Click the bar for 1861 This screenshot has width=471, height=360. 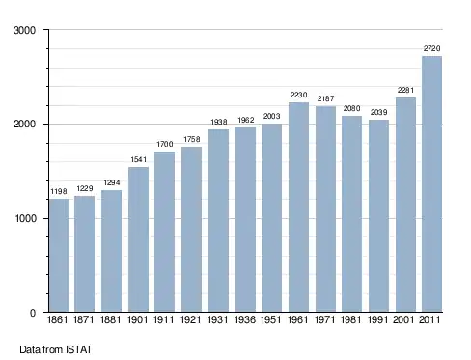click(59, 256)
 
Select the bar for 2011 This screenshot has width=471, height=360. click(431, 184)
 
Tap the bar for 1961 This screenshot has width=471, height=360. click(298, 208)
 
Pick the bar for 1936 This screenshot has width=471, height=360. click(245, 220)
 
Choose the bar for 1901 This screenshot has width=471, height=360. click(138, 239)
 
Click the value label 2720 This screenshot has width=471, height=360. click(431, 48)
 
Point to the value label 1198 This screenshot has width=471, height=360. click(59, 191)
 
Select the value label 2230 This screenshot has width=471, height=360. click(298, 95)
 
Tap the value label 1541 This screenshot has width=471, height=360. click(138, 159)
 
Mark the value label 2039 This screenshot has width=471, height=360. click(378, 112)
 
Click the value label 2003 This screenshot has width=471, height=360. click(271, 116)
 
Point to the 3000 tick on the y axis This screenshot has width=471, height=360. click(24, 30)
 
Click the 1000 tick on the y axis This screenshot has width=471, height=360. click(25, 218)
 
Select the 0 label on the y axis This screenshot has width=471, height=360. click(33, 313)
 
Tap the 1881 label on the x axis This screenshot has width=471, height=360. click(111, 319)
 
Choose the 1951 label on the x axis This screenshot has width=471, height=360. click(271, 319)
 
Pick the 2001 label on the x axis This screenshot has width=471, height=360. click(403, 319)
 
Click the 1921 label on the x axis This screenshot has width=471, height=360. click(191, 319)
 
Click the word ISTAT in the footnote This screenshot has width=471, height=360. click(79, 349)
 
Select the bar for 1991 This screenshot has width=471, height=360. click(378, 216)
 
